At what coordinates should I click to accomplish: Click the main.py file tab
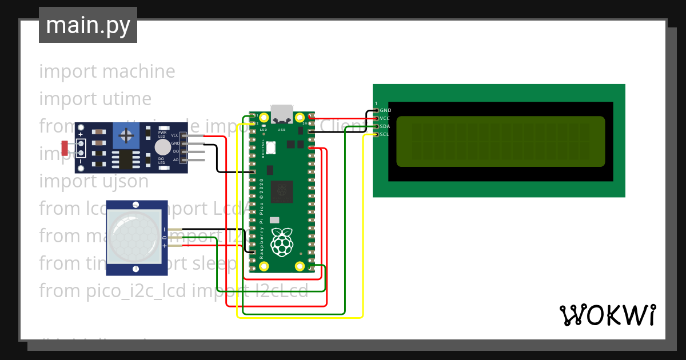point(87,25)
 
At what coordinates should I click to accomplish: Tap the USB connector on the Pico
point(281,114)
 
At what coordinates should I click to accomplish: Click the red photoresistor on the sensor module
point(65,147)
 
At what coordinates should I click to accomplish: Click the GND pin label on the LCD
point(385,110)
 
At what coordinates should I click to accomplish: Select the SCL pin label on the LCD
point(385,134)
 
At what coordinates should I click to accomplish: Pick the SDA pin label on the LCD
point(385,126)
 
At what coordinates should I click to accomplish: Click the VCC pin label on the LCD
point(385,118)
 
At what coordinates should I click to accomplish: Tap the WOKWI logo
point(607,315)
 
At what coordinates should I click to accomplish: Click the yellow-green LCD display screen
point(500,142)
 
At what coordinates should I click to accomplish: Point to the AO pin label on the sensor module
point(176,160)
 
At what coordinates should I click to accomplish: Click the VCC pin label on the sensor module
point(175,135)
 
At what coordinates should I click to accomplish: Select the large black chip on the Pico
point(282,191)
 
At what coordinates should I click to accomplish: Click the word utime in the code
point(127,99)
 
